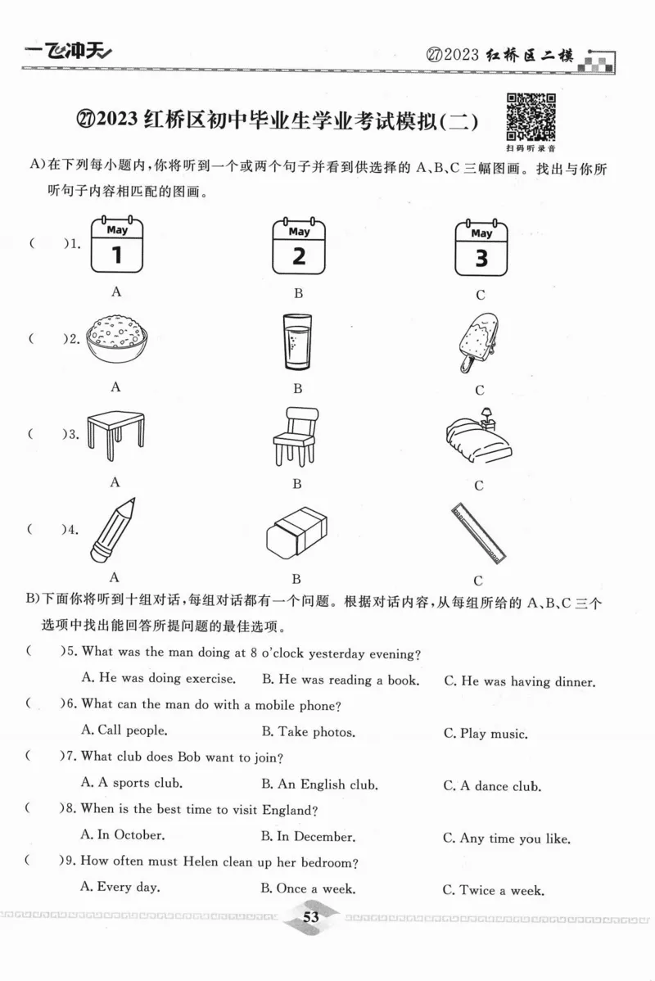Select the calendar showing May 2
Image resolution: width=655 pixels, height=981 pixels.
point(298,246)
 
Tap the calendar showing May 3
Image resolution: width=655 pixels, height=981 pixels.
point(481,247)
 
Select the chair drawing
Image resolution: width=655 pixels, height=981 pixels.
point(297,436)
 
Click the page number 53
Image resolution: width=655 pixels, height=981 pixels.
point(310,917)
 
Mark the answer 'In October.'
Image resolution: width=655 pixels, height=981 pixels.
point(123,836)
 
